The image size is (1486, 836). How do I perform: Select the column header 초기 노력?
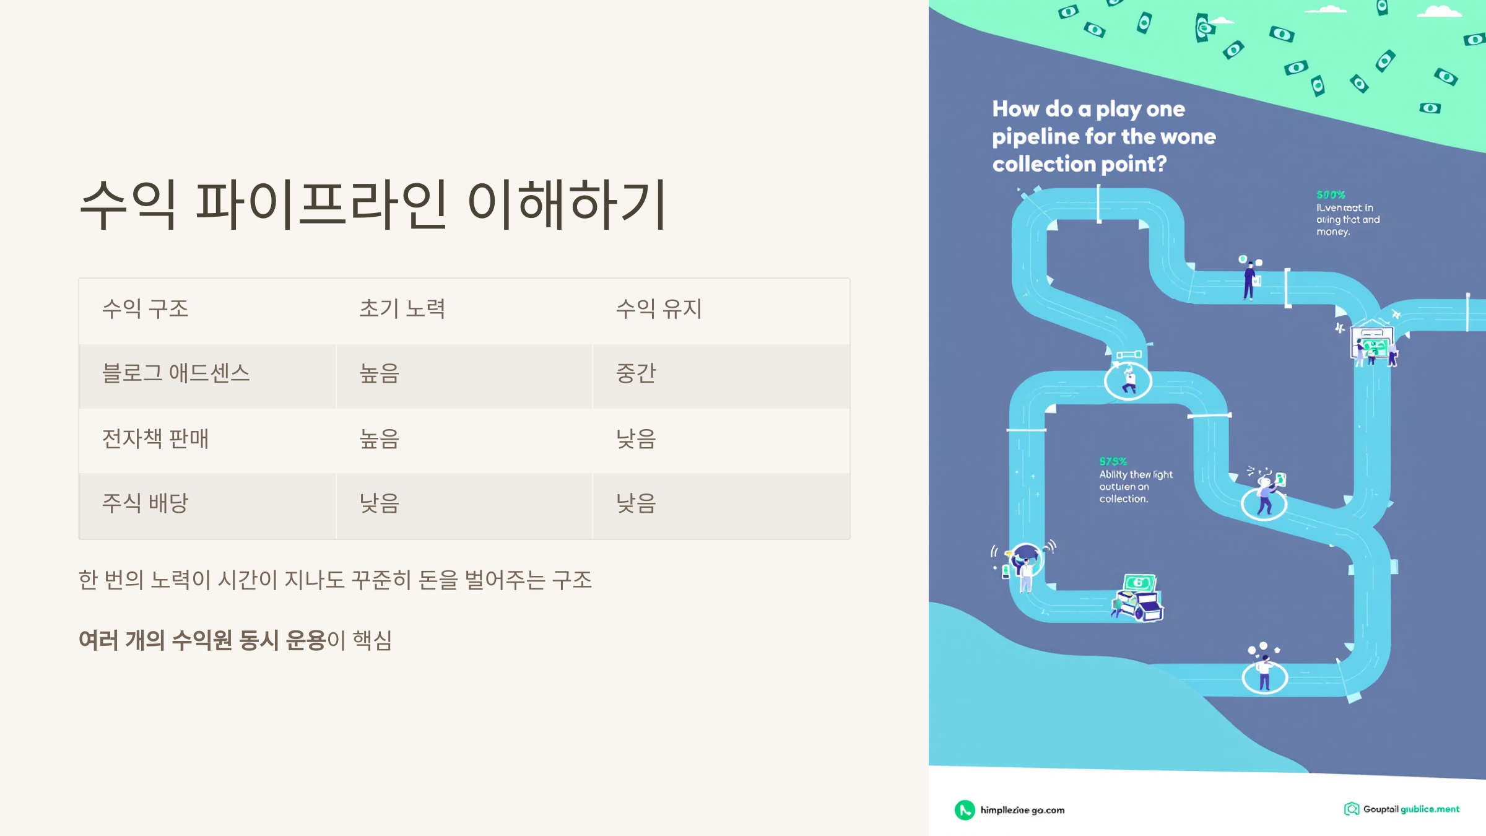click(402, 308)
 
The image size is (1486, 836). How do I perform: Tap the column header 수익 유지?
click(659, 308)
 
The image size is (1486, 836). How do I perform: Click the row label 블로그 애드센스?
click(176, 373)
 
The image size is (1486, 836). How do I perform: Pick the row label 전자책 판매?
click(155, 438)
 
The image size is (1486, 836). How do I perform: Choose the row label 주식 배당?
click(145, 503)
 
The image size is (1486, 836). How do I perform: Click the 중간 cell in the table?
click(636, 373)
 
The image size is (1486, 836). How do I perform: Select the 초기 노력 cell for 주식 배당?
click(380, 503)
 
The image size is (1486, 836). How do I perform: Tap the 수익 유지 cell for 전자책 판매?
click(636, 438)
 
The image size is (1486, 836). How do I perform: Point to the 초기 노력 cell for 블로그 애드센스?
click(380, 373)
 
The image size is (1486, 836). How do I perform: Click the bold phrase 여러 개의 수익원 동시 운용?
click(202, 640)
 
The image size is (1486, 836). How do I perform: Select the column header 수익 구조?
click(145, 308)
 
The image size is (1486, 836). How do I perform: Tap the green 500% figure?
click(1331, 195)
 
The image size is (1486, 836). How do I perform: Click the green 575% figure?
click(1113, 461)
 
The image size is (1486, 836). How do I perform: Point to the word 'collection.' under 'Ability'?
click(1123, 499)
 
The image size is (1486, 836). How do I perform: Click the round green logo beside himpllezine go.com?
click(965, 809)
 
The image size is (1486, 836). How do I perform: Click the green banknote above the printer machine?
click(1139, 582)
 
